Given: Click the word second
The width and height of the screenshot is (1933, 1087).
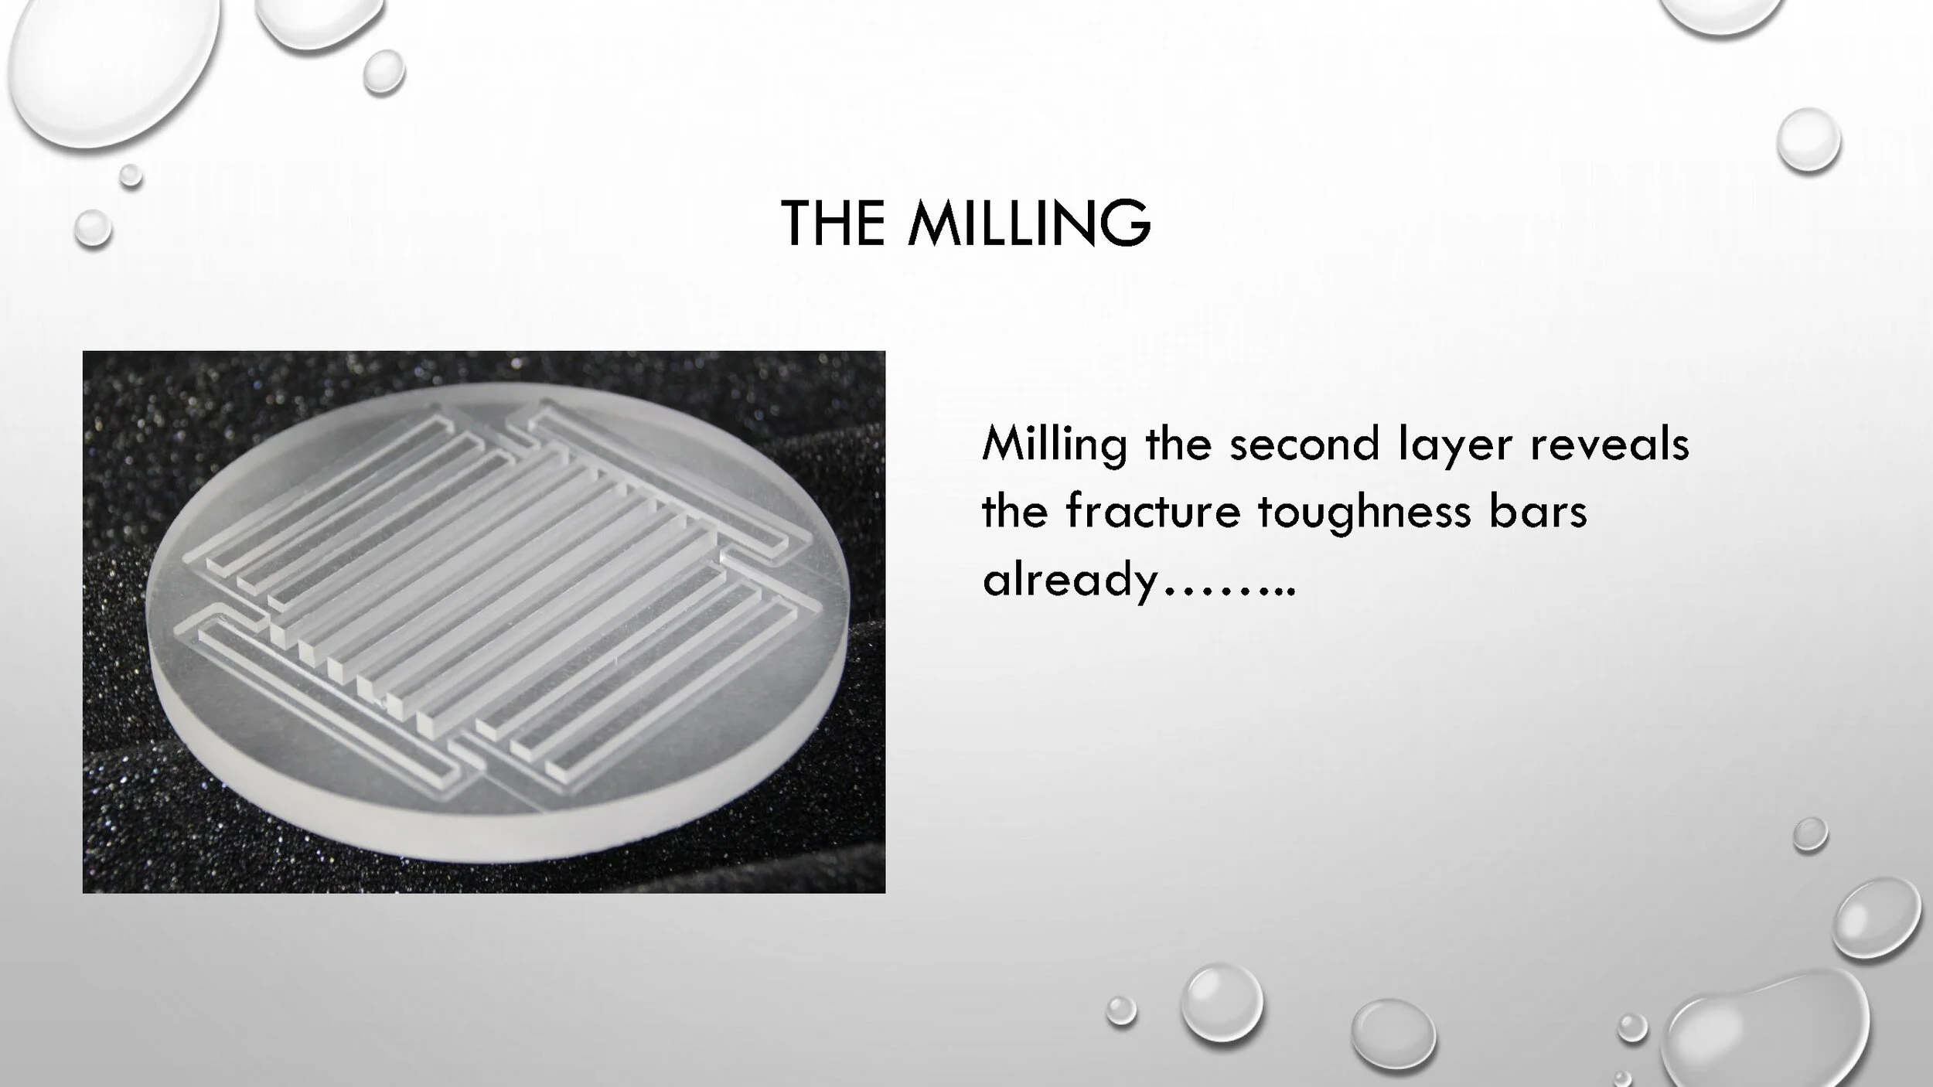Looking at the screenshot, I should tap(1304, 445).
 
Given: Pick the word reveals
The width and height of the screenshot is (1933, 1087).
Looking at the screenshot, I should tap(1609, 445).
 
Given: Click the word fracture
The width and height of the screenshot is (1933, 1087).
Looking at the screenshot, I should tap(1152, 512).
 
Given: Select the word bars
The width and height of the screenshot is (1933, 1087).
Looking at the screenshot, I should tap(1538, 512).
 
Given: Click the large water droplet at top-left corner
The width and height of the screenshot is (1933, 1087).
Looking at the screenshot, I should tap(108, 62).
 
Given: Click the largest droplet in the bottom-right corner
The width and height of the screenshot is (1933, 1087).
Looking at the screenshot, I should tap(1771, 1032).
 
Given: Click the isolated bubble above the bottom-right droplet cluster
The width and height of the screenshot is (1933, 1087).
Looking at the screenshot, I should tap(1810, 834).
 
